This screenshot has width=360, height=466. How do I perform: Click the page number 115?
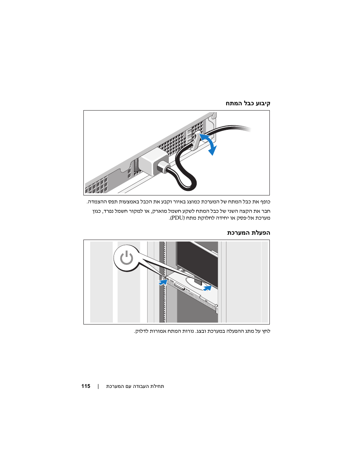pyautogui.click(x=86, y=386)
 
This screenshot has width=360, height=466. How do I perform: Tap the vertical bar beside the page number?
pyautogui.click(x=98, y=386)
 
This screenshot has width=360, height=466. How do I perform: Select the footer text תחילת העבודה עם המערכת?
pyautogui.click(x=135, y=386)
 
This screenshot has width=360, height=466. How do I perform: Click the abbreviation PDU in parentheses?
pyautogui.click(x=177, y=218)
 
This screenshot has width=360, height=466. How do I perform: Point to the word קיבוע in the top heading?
pyautogui.click(x=263, y=103)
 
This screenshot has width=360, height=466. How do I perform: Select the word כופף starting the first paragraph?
pyautogui.click(x=266, y=202)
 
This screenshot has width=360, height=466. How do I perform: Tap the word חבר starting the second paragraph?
pyautogui.click(x=266, y=211)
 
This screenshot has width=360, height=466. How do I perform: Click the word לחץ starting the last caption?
pyautogui.click(x=266, y=331)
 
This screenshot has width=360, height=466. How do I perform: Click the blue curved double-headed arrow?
pyautogui.click(x=210, y=144)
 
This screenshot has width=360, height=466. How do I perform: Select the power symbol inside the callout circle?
pyautogui.click(x=126, y=258)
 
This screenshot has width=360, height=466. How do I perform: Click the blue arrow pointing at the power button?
pyautogui.click(x=163, y=282)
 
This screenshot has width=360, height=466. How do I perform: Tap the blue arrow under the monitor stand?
pyautogui.click(x=207, y=288)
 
